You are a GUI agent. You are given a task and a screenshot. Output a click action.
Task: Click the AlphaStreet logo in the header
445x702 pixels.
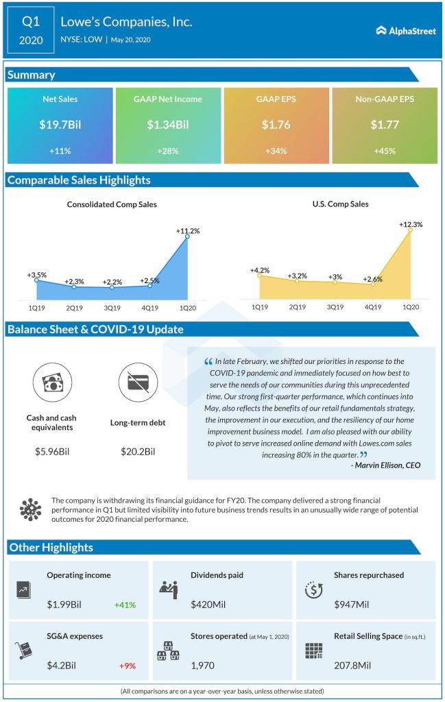coord(406,30)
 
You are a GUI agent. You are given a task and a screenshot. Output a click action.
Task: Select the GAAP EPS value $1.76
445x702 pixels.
coord(276,125)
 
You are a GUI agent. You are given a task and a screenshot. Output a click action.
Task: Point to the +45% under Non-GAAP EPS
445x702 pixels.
coord(384,151)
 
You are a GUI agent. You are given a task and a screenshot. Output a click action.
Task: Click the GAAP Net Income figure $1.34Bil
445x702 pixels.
coord(168,125)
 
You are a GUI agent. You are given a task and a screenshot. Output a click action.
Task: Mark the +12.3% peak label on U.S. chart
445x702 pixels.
coord(411,224)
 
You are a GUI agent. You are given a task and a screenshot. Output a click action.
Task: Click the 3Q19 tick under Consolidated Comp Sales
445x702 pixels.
coord(112,308)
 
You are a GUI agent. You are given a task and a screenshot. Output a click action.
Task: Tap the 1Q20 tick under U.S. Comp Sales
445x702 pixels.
coord(410,306)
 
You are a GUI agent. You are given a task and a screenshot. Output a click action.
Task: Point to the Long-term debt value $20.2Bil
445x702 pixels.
coord(136,452)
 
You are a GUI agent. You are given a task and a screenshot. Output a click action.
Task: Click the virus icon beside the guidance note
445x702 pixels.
coord(30,509)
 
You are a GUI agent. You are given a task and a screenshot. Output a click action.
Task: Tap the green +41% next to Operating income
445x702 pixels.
coord(125,605)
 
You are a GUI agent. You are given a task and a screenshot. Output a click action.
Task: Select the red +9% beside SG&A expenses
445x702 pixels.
coord(126,665)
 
